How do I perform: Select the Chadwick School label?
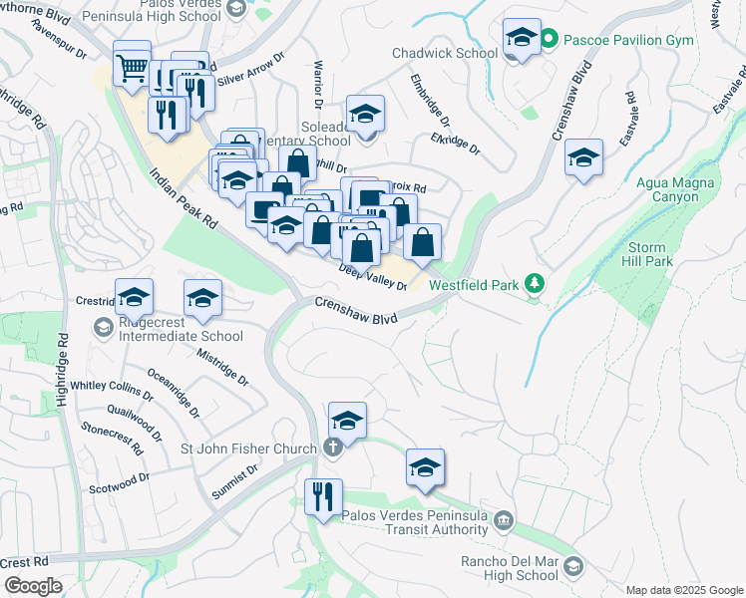coord(445,52)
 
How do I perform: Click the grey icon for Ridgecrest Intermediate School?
coord(103,327)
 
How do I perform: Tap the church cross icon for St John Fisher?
coord(333,448)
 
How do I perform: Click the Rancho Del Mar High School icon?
coord(572,567)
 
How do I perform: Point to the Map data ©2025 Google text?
coord(683,589)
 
